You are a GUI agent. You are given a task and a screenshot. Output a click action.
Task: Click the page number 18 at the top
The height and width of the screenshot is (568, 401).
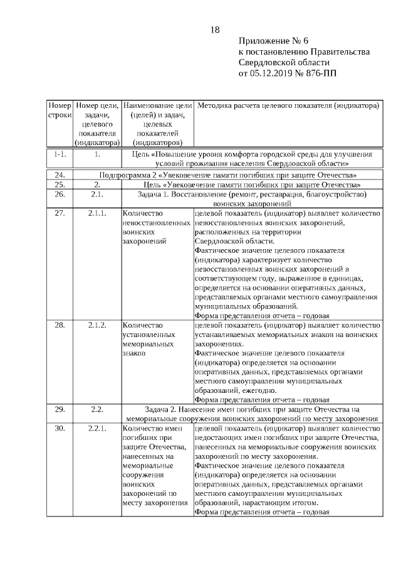point(216,29)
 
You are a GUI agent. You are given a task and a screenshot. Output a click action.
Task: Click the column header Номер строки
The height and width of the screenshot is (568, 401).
point(60,111)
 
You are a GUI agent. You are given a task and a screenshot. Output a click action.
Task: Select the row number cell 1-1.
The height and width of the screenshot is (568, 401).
point(60,153)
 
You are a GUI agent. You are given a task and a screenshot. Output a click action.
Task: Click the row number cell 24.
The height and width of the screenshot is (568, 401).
point(60,174)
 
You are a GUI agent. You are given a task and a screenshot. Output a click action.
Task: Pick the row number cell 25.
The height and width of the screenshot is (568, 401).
point(60,185)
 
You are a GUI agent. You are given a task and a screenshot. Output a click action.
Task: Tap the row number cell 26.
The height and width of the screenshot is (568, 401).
point(60,195)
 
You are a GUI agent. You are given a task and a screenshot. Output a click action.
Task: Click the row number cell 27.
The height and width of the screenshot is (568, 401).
point(60,213)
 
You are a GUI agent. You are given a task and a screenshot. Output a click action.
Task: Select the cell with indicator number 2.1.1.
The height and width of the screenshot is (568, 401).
point(97,213)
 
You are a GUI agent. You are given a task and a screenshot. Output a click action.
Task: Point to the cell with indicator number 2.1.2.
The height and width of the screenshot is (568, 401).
point(97,325)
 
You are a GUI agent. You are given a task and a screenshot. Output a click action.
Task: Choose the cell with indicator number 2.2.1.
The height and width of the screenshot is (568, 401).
point(97,428)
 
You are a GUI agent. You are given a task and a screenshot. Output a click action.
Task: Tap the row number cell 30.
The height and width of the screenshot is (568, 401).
point(60,428)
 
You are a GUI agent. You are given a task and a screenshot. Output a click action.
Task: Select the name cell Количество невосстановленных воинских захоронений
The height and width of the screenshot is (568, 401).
point(157,227)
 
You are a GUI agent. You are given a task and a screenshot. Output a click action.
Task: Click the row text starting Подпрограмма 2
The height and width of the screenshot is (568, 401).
point(228,174)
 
